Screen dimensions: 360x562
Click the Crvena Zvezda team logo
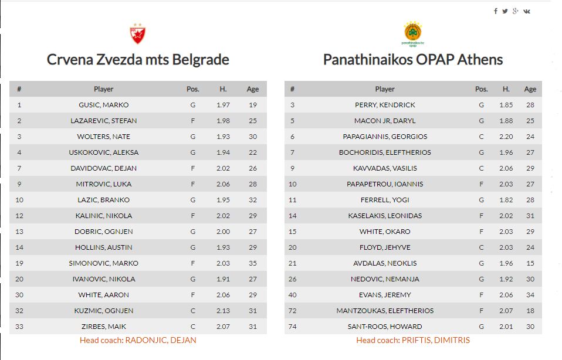137,33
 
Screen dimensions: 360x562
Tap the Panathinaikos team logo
413,33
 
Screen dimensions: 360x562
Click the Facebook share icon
496,11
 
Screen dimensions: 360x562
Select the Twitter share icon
505,11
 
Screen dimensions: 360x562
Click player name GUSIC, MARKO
103,105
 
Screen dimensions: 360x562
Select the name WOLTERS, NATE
103,137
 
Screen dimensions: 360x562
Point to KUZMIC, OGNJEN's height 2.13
223,311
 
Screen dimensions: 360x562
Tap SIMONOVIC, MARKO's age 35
253,263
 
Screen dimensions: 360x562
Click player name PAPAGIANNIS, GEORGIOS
385,137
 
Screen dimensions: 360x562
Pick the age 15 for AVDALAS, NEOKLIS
530,263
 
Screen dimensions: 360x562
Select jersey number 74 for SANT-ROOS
292,327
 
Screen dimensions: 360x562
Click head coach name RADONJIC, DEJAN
160,340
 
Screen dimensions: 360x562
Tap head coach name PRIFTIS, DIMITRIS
436,340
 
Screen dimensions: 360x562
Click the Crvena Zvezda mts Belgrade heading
138,60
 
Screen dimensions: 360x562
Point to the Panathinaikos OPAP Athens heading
413,60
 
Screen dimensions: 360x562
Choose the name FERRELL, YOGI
385,200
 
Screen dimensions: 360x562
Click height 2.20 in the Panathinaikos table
506,137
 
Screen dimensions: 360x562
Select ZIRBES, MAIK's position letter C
192,327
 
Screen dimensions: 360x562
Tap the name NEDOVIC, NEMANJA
385,279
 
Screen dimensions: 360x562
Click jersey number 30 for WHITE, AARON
19,295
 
